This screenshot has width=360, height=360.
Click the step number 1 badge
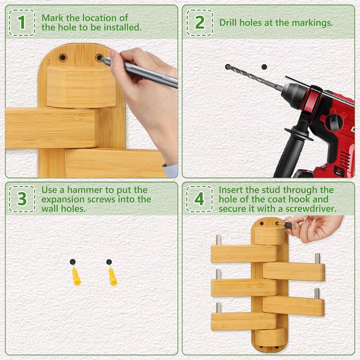[22, 22]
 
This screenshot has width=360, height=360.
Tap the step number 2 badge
[199, 22]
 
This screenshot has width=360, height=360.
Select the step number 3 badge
[22, 199]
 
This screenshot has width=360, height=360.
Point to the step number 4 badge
[199, 199]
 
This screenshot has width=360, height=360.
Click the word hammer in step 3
[85, 190]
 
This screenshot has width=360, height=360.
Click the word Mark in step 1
[53, 18]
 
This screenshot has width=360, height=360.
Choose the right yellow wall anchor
[113, 277]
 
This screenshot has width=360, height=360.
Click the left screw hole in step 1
[63, 57]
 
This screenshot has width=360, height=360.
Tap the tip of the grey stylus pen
[102, 59]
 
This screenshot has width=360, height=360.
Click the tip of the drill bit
[228, 67]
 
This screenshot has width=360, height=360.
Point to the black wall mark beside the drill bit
[264, 67]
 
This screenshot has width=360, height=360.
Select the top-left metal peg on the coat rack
[219, 240]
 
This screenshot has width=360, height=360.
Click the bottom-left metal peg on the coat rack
[219, 308]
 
